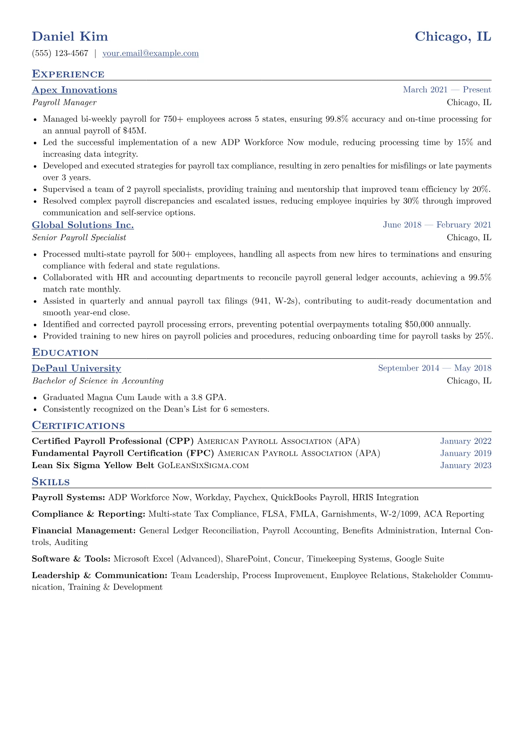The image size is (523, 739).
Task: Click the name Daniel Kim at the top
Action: coord(70,36)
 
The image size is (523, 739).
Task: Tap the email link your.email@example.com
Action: coord(150,53)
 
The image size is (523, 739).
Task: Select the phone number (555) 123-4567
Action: coord(60,53)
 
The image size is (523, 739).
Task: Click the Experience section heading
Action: coord(68,74)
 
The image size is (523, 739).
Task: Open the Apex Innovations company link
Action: coord(74,90)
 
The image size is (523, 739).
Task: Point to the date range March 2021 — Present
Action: coord(447,90)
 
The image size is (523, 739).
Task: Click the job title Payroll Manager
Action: coord(64,102)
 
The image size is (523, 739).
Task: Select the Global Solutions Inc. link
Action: coord(83,225)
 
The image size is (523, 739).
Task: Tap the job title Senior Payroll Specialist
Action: coord(79,238)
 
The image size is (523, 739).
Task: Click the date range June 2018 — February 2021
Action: coord(437,225)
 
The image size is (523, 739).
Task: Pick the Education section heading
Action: coord(65,353)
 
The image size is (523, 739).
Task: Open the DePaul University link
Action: coord(76,368)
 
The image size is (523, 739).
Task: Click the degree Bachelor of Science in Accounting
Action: coord(98,381)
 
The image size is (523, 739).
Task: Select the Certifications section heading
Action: coord(78,425)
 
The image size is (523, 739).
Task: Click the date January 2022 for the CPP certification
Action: coord(465,441)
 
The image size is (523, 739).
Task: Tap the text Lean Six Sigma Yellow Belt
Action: coord(93,465)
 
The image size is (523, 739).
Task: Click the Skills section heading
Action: coord(51,482)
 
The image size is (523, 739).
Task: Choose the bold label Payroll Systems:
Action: coord(68,497)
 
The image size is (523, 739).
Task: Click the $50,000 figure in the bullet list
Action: coord(419,324)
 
